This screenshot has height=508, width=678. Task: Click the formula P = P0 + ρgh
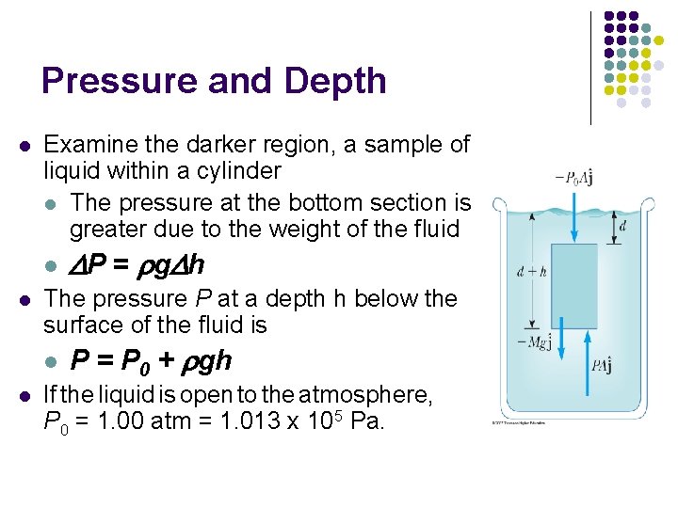tap(152, 360)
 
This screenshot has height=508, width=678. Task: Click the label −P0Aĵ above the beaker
tap(573, 178)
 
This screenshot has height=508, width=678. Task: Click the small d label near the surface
tap(622, 226)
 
